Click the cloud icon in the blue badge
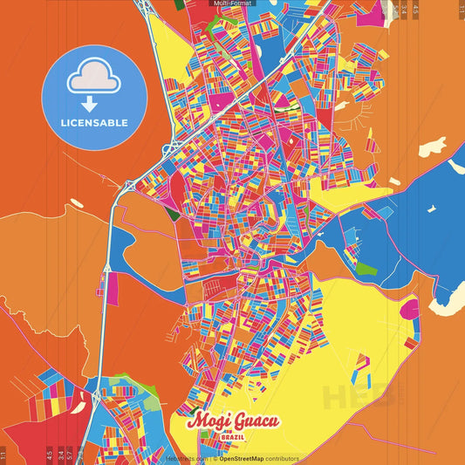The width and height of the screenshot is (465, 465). (95, 79)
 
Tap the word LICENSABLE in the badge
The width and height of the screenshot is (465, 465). (95, 123)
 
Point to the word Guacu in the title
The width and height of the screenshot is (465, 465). (256, 421)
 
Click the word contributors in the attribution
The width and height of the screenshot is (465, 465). (282, 458)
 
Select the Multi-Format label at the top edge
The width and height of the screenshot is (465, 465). (231, 3)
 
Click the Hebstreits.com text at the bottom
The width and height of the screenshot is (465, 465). (186, 458)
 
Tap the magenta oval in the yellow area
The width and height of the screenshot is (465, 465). (408, 308)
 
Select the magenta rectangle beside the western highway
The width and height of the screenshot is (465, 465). (112, 283)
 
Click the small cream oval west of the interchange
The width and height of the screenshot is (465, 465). (77, 202)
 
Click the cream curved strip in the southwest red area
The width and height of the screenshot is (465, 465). (88, 400)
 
